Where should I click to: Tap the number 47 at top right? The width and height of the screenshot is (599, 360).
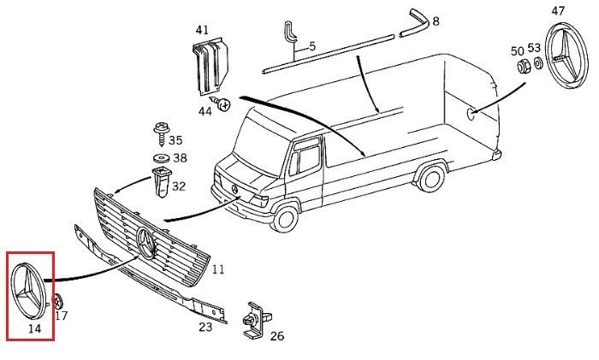pyautogui.click(x=558, y=11)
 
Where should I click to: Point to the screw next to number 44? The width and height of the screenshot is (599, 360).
pyautogui.click(x=224, y=105)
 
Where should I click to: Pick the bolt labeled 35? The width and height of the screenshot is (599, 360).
pyautogui.click(x=159, y=133)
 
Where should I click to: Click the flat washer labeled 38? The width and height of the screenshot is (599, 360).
pyautogui.click(x=160, y=159)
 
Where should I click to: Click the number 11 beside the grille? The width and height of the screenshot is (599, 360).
pyautogui.click(x=218, y=269)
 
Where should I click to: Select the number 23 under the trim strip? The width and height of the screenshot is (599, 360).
pyautogui.click(x=205, y=326)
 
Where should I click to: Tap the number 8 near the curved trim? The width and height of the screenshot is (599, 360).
pyautogui.click(x=436, y=21)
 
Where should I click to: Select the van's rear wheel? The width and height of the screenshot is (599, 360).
pyautogui.click(x=431, y=180)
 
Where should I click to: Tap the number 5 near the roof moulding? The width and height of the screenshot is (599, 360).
pyautogui.click(x=311, y=45)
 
